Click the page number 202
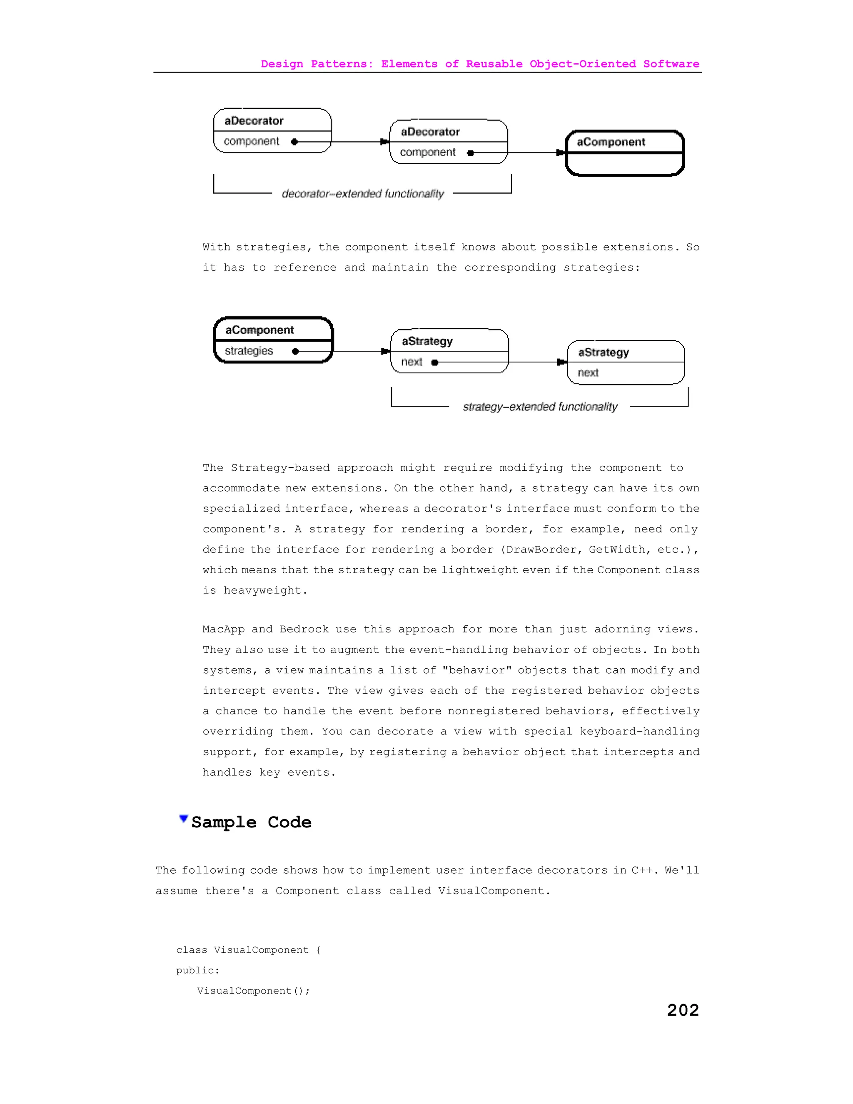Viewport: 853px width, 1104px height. [683, 1010]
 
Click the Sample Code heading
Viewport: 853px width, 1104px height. [251, 822]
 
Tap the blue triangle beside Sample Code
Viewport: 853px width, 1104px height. [183, 818]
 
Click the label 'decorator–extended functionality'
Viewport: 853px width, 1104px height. [362, 194]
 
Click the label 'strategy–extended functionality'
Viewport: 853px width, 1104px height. [540, 407]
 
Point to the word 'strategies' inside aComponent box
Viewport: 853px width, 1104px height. [249, 351]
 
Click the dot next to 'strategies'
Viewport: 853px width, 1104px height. [295, 351]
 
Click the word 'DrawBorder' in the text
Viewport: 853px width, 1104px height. [542, 550]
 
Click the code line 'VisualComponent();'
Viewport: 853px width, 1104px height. [253, 991]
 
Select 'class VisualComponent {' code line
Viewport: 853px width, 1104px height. [248, 950]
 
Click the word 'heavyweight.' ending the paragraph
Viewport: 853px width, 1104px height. [265, 590]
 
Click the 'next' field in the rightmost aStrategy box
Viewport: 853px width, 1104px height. [588, 373]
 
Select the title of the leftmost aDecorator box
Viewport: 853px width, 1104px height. [254, 121]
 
